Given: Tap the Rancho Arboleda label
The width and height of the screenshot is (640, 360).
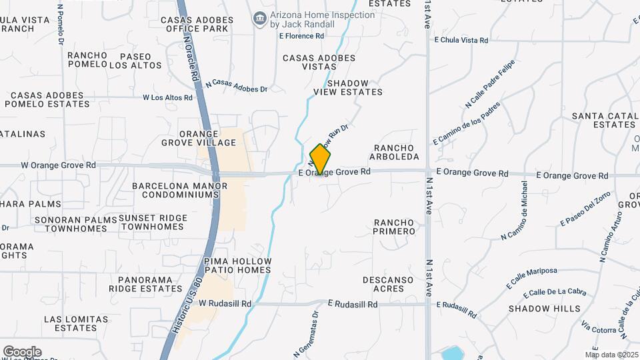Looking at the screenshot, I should (x=396, y=152).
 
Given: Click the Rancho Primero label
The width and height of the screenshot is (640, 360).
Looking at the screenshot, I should (x=395, y=227).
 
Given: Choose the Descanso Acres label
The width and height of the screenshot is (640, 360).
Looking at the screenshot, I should (x=384, y=284).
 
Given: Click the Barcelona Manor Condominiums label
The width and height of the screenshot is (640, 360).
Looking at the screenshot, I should (x=175, y=190).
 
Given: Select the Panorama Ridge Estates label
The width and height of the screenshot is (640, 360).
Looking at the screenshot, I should (x=150, y=285).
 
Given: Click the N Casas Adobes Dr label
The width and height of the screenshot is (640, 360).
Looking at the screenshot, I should (x=237, y=85).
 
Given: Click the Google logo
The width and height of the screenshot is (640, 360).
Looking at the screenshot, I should (x=22, y=351).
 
